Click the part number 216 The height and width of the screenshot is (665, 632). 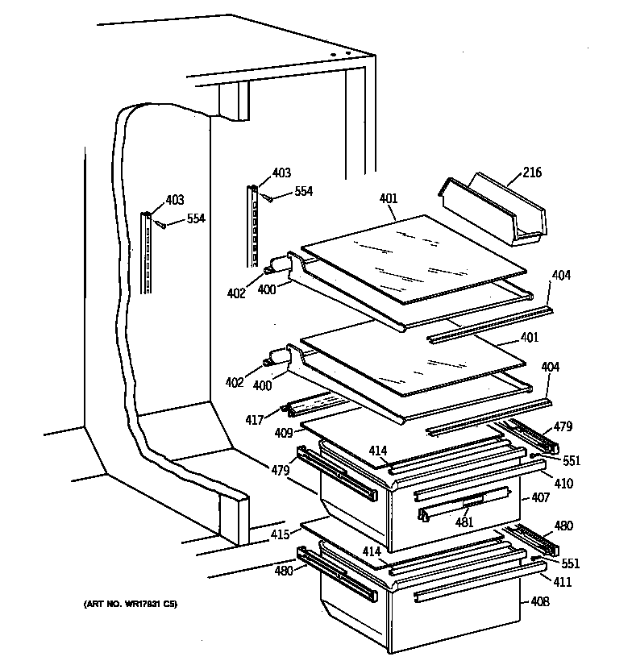[533, 172]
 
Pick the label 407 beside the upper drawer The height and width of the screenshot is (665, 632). [540, 498]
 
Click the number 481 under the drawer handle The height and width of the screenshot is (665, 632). [465, 522]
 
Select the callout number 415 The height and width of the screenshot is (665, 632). [279, 534]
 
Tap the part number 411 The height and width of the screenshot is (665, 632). [562, 582]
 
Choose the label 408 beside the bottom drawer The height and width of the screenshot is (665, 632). [540, 601]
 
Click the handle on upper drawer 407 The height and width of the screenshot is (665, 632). [465, 505]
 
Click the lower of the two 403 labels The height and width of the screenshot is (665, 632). [175, 200]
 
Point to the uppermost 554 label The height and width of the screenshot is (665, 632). [303, 192]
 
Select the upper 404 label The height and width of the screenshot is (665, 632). [561, 276]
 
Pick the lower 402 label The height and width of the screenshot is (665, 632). [234, 383]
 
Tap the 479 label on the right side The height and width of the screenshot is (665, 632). [563, 427]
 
